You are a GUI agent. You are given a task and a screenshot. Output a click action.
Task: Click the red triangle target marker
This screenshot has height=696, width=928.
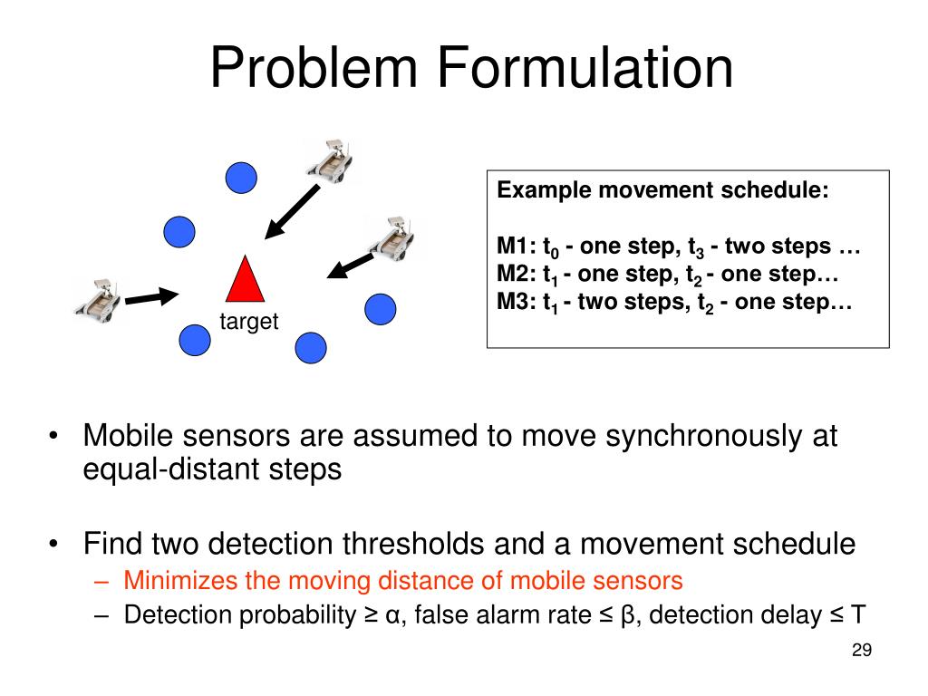pos(244,281)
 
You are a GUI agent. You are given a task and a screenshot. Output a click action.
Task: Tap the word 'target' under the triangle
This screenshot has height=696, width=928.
pos(248,322)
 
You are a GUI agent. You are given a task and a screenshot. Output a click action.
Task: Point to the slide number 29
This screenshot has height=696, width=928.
pos(861,651)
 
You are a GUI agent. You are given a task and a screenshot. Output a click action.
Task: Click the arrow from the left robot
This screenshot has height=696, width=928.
pos(150,296)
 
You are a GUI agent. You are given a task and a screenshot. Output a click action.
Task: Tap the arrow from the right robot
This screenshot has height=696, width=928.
pos(350,265)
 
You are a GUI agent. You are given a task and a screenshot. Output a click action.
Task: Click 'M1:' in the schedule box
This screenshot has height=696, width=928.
pos(516,246)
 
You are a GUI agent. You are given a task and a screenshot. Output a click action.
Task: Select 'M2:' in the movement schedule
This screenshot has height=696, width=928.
pos(516,275)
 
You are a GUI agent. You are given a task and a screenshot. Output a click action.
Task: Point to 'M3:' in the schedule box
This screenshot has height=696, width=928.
pos(516,303)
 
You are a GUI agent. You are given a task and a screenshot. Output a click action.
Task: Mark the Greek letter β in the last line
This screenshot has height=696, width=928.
pos(628,616)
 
